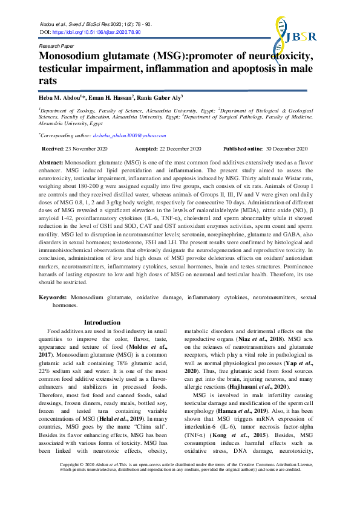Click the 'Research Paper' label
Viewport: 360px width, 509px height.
tap(56, 45)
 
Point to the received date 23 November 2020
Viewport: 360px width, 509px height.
tap(83, 149)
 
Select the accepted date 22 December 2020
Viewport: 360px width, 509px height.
tap(180, 149)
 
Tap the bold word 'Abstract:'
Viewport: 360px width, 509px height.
tap(51, 163)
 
